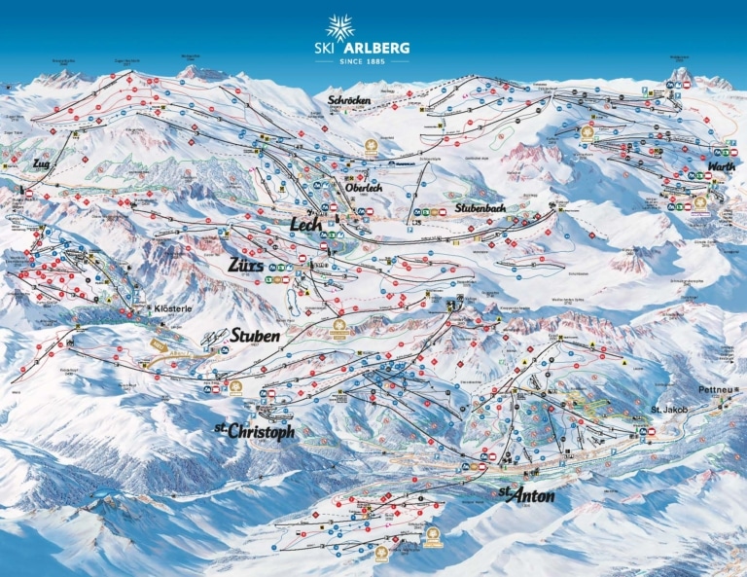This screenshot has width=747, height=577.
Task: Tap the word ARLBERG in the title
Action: click(x=380, y=48)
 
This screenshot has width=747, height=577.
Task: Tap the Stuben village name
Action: click(x=256, y=336)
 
